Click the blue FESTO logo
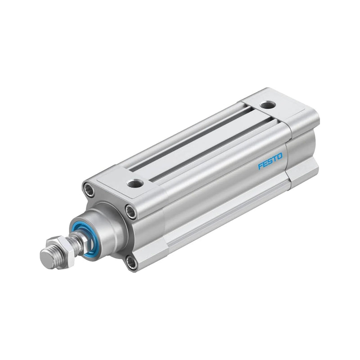tap(270, 161)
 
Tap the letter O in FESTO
tap(280, 156)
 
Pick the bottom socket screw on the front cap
tap(131, 262)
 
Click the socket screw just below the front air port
tap(130, 211)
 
